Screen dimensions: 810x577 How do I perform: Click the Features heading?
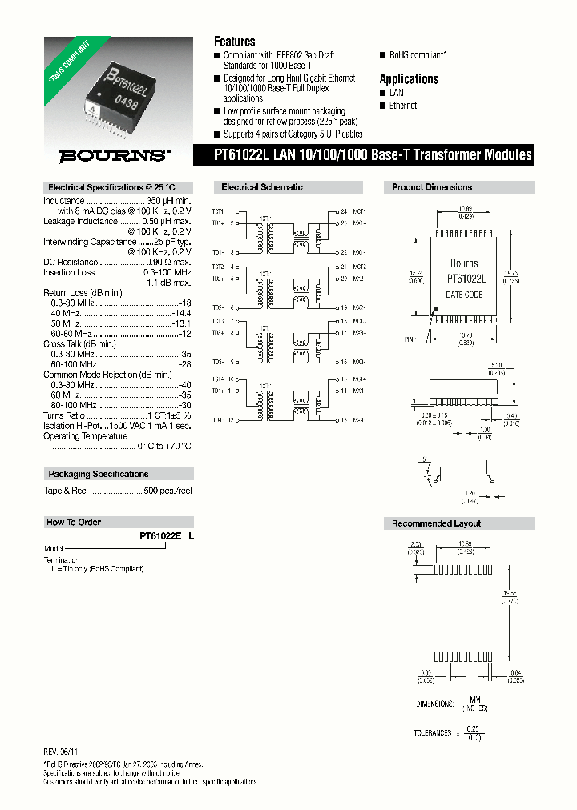(234, 42)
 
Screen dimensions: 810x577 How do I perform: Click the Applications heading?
(409, 78)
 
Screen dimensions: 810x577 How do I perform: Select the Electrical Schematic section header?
(262, 187)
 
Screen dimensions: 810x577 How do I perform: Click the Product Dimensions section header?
(432, 187)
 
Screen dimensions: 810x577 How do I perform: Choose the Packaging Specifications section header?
(98, 475)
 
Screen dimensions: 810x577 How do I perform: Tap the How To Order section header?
(74, 523)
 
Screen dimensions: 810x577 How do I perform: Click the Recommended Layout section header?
(436, 523)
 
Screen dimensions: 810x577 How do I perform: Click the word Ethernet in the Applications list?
(403, 106)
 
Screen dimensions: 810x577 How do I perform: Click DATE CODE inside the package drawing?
(464, 295)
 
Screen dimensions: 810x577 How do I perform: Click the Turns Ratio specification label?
(64, 416)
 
